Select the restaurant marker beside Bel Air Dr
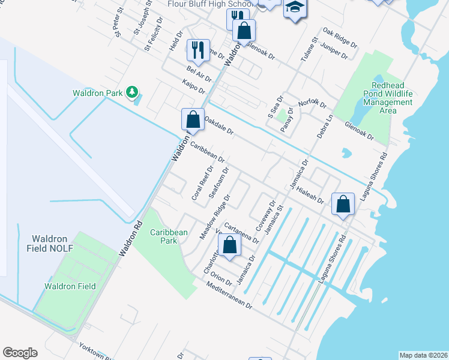click(x=198, y=50)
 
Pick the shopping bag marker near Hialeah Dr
click(x=343, y=204)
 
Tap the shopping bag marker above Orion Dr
click(x=229, y=244)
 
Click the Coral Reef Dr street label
click(x=199, y=184)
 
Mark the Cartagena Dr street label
click(x=241, y=231)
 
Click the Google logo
click(x=20, y=353)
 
